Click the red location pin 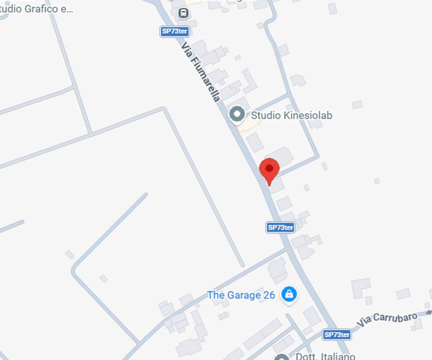click(x=269, y=170)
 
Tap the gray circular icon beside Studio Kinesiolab click(x=237, y=114)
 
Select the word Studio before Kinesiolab click(x=266, y=115)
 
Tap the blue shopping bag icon click(x=289, y=295)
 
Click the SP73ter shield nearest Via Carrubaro click(x=337, y=335)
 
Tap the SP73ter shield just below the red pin click(x=280, y=228)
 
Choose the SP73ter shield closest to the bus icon click(x=174, y=31)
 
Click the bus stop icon click(x=184, y=13)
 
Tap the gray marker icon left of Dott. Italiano click(x=281, y=357)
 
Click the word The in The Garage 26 click(x=216, y=295)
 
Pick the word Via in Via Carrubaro click(x=364, y=323)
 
